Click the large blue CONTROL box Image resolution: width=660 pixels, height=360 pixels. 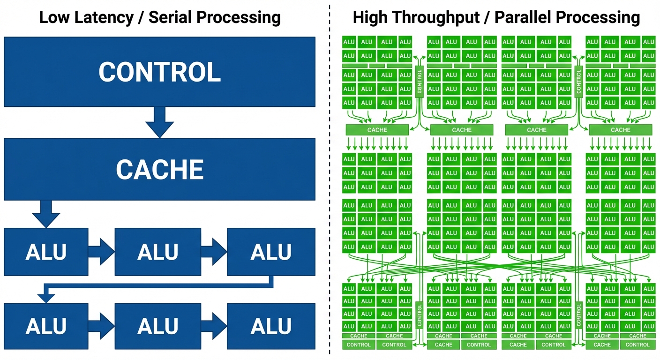click(x=159, y=72)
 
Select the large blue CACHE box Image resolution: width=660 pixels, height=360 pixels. click(x=159, y=169)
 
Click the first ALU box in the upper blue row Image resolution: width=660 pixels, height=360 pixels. click(x=46, y=252)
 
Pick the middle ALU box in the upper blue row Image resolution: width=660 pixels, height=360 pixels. click(x=158, y=252)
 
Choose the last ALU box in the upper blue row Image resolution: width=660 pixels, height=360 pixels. click(x=271, y=252)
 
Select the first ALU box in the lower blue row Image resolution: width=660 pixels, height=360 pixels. click(x=46, y=326)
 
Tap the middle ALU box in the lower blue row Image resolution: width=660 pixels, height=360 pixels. click(x=158, y=326)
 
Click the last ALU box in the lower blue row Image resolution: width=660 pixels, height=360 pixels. click(x=271, y=326)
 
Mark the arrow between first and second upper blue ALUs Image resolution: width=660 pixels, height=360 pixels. click(x=101, y=252)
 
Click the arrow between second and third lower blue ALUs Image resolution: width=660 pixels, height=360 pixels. click(x=214, y=326)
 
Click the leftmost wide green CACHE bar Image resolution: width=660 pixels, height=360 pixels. click(x=377, y=130)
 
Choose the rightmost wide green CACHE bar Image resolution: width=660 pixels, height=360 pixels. click(x=621, y=130)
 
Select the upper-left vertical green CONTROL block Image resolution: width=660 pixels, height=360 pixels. click(x=420, y=82)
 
